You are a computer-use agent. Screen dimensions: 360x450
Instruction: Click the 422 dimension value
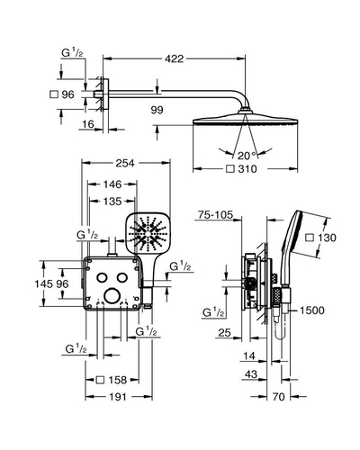coord(174,58)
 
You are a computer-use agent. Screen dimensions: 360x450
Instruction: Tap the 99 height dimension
coord(157,110)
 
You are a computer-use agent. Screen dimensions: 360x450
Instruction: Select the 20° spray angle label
coord(247,156)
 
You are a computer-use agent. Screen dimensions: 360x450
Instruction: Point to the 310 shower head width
coord(247,169)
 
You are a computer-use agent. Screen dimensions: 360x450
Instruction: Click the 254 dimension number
coord(125,163)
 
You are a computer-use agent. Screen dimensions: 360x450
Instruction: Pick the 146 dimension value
coord(112,184)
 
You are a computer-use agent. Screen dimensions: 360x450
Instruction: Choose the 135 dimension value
coord(112,202)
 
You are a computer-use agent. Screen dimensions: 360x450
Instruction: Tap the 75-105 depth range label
coord(215,215)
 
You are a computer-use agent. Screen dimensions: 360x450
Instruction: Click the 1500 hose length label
coord(312,310)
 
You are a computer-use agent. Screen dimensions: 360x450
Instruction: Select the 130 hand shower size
coord(327,238)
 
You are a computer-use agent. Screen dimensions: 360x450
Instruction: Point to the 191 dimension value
coord(118,397)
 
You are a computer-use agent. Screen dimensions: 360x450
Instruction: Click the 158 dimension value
coord(118,380)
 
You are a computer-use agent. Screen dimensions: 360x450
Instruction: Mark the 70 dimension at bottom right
coord(279,397)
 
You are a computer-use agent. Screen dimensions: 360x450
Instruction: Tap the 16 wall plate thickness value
coord(88,124)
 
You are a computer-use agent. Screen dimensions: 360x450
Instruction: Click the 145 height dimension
coord(44,283)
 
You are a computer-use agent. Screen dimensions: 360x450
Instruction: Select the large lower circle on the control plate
coord(112,296)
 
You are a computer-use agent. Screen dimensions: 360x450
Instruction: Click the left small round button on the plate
coord(102,278)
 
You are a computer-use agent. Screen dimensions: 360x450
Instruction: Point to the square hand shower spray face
coord(148,232)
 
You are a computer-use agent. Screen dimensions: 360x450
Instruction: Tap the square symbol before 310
coord(230,169)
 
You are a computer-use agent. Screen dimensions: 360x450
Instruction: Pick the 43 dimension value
coord(251,374)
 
